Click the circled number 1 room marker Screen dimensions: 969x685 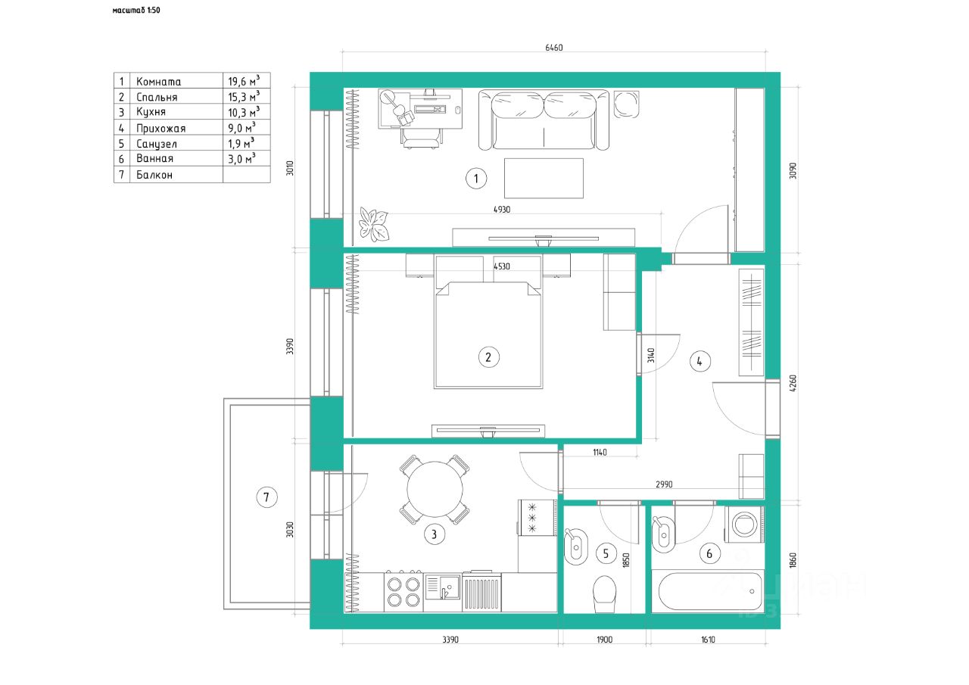(x=476, y=179)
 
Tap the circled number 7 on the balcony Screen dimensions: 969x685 (x=266, y=497)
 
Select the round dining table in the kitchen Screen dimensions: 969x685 (x=435, y=489)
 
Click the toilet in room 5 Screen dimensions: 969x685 (x=604, y=593)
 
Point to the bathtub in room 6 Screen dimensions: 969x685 (x=708, y=591)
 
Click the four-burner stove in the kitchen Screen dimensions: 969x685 (x=403, y=592)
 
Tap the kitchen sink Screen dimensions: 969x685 (x=442, y=587)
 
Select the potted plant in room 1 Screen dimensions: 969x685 (x=374, y=224)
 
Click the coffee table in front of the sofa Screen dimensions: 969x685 (x=544, y=178)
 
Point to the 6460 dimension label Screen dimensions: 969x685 (x=553, y=48)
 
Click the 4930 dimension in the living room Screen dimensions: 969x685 (x=502, y=210)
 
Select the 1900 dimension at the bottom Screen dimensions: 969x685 (x=604, y=640)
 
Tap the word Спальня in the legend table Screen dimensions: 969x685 (x=157, y=98)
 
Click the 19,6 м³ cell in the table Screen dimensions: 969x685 (x=244, y=81)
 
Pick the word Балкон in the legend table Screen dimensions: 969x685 (x=154, y=175)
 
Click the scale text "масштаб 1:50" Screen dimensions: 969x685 (x=136, y=10)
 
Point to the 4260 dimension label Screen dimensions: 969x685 (x=793, y=383)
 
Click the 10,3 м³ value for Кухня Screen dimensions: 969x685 (x=244, y=112)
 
